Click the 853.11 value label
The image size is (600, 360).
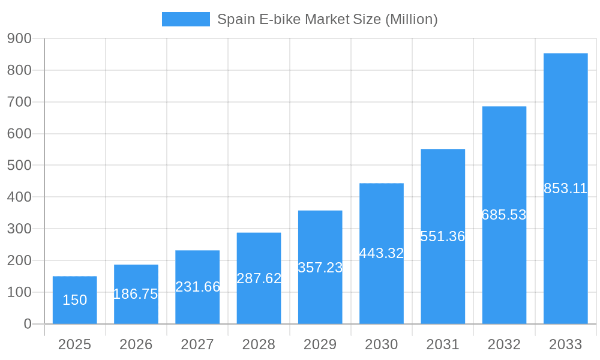(565, 188)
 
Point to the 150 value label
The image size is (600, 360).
(74, 300)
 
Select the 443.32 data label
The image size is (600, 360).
(382, 253)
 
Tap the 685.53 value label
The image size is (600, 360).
(504, 215)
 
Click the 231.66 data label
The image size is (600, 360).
(197, 287)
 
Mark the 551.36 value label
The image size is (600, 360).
(443, 236)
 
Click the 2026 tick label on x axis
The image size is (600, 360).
(136, 344)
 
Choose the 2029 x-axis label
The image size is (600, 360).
(320, 344)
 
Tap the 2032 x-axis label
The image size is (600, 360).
(504, 344)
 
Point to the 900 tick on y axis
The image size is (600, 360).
(19, 38)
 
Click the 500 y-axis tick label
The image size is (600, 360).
(19, 165)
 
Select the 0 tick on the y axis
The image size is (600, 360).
(27, 324)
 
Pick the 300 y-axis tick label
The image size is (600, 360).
(19, 229)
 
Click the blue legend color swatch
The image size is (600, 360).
(185, 19)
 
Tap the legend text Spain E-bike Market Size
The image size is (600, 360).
(327, 19)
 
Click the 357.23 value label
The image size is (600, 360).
(320, 268)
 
